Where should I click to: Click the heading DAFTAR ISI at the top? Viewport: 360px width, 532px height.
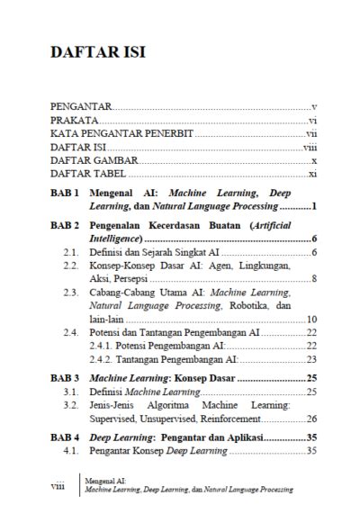(x=98, y=53)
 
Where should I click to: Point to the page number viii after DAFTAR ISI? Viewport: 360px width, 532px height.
(x=310, y=147)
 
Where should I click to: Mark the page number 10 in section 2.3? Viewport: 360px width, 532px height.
(x=311, y=320)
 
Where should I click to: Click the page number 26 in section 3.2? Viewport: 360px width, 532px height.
(x=311, y=419)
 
